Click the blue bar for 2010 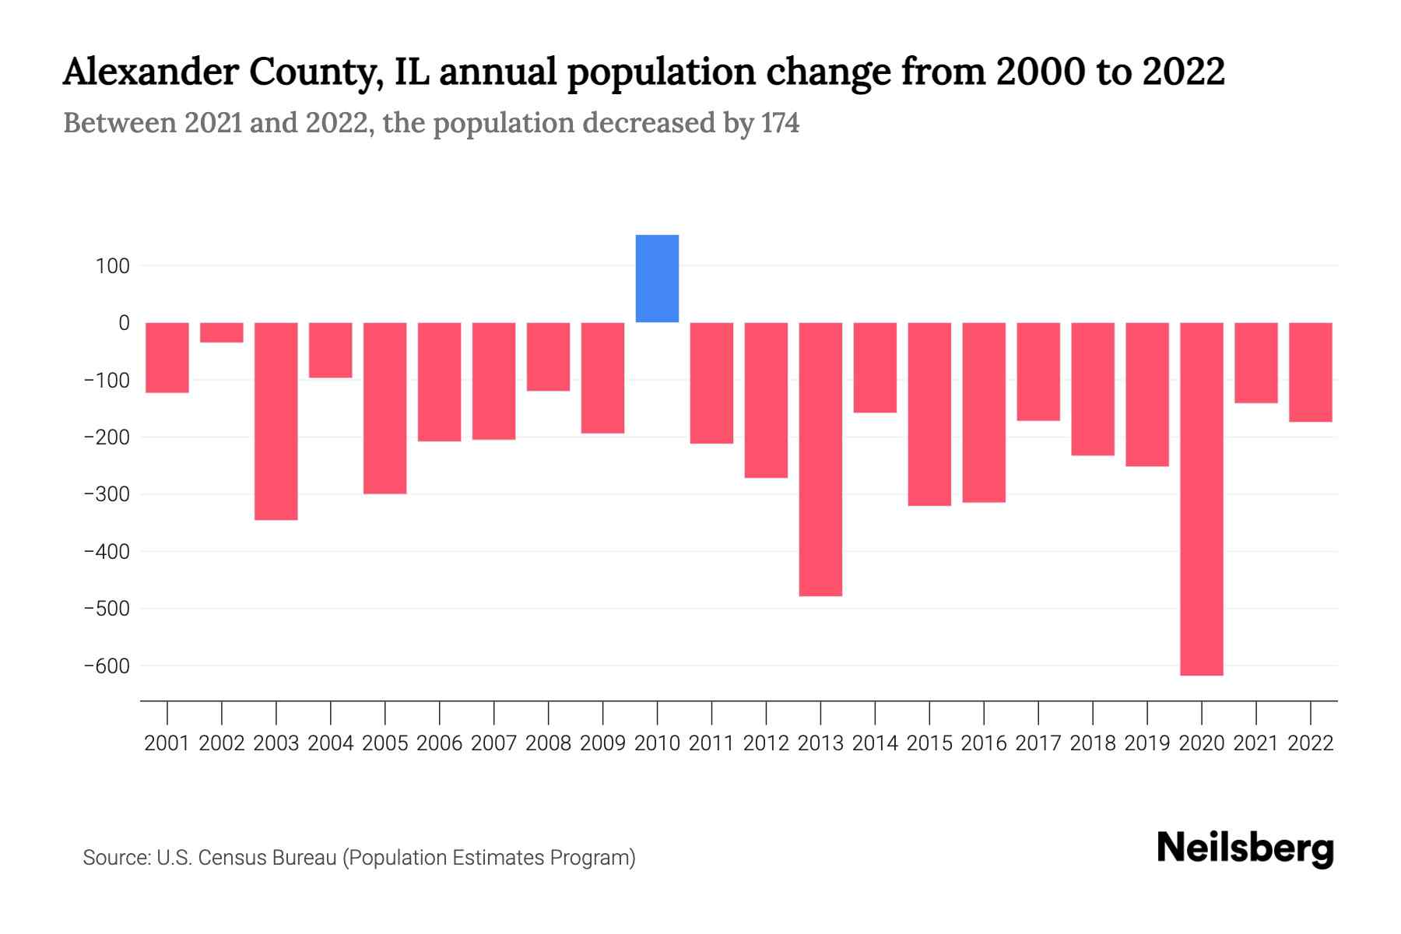[x=657, y=279]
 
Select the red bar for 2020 [x=1201, y=498]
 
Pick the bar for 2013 [x=820, y=459]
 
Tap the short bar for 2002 [x=222, y=332]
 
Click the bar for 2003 [x=276, y=420]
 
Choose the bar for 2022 [x=1310, y=372]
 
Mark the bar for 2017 [x=1038, y=371]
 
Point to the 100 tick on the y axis [x=113, y=266]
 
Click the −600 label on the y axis [x=107, y=666]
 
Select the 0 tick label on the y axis [x=124, y=323]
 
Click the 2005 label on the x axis [x=385, y=743]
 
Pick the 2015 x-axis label [x=929, y=743]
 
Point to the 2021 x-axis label [x=1255, y=743]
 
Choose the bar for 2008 [x=548, y=356]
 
